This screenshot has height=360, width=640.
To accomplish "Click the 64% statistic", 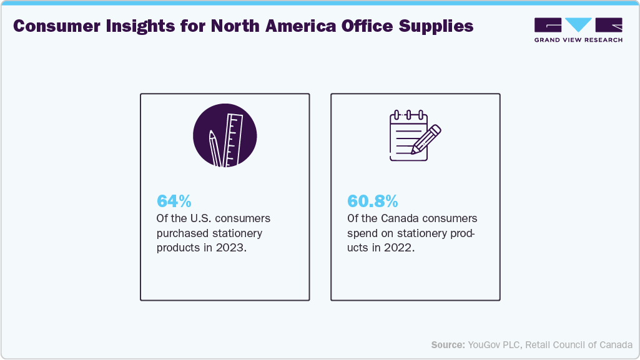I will point(174,202).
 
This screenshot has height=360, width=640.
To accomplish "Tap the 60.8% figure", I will point(372,202).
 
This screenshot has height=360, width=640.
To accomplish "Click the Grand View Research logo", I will point(578,29).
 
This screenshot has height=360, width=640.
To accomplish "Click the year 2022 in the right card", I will point(400,247).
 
